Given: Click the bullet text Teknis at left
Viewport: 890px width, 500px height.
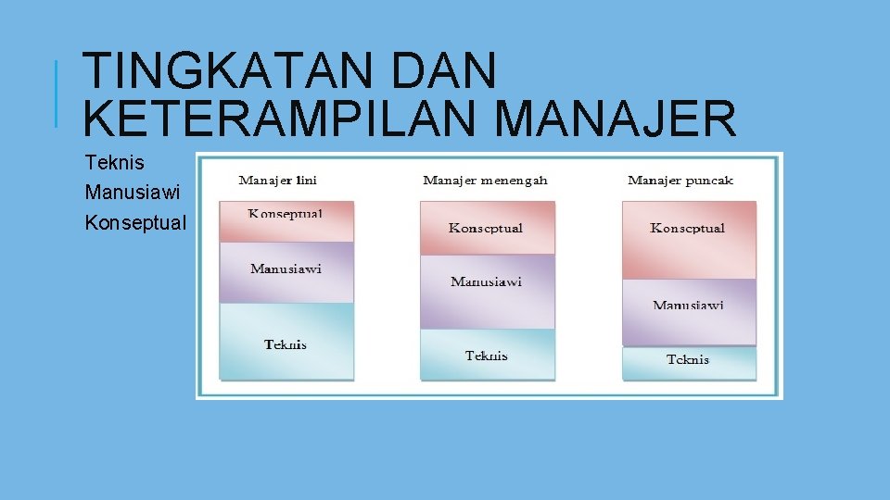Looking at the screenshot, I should tap(114, 163).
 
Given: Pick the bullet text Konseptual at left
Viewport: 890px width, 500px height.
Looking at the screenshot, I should tap(134, 223).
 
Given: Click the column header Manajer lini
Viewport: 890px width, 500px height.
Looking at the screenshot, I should tap(277, 180).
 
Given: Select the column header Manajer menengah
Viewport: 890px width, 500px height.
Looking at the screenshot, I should tap(485, 180).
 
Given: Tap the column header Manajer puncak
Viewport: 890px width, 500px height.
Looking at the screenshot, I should tap(680, 180).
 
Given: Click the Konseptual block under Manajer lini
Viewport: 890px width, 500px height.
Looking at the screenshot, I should tap(286, 221).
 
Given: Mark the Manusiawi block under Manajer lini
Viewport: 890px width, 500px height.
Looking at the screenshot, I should tap(286, 271).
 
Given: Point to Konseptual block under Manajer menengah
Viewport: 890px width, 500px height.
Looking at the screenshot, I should tap(487, 228).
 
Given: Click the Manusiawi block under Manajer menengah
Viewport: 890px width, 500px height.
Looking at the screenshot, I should tap(487, 291).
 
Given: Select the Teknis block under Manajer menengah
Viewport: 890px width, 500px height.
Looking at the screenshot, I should tap(487, 355).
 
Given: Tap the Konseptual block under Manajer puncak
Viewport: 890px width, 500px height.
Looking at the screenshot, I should tap(688, 239).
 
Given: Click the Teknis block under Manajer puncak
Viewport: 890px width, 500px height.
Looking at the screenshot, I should tap(688, 362).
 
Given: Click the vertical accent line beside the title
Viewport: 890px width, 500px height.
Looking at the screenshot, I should tap(57, 94).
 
